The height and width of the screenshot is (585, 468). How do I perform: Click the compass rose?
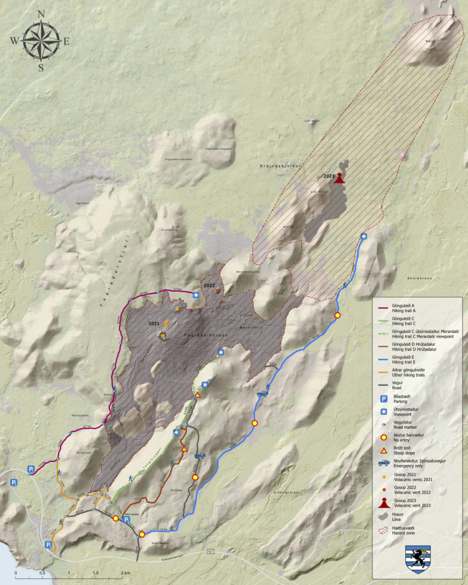(x=41, y=41)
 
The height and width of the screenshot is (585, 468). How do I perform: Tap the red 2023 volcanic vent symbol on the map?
(x=339, y=178)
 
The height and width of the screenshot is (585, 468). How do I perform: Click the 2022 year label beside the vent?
(x=209, y=286)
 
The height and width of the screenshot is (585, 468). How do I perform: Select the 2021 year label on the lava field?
(x=154, y=324)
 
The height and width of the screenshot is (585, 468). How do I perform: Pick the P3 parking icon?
(x=14, y=483)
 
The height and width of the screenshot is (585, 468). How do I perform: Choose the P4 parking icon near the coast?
(x=49, y=545)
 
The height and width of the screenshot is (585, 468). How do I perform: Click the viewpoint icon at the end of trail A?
(x=196, y=295)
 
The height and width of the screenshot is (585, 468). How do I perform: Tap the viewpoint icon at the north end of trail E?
(x=364, y=237)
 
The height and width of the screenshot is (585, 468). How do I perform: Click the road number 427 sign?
(x=210, y=551)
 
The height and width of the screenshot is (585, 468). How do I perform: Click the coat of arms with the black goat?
(x=418, y=560)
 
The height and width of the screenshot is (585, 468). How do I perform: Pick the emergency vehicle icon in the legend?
(x=384, y=463)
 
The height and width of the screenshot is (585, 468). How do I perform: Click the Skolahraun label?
(x=420, y=278)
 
